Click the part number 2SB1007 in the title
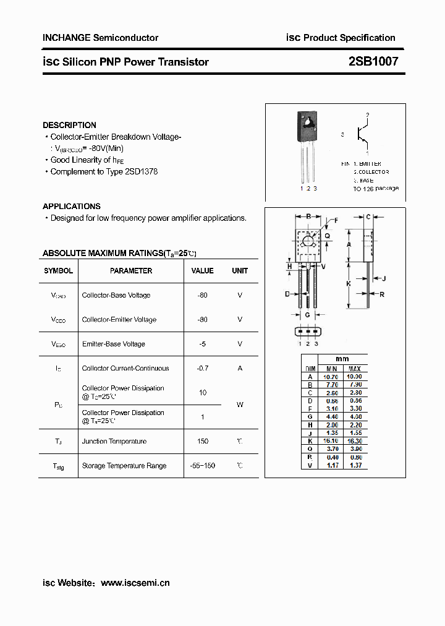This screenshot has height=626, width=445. [x=373, y=61]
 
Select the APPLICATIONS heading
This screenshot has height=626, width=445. [x=72, y=206]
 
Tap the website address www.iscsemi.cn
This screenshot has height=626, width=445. [x=135, y=583]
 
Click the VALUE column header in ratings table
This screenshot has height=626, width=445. [x=202, y=271]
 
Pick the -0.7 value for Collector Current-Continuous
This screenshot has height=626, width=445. [x=202, y=368]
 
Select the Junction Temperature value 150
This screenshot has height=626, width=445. [x=202, y=441]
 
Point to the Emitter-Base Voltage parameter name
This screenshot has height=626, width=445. [x=114, y=344]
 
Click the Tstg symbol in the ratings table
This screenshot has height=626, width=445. [x=58, y=466]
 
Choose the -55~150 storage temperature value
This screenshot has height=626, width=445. [x=202, y=465]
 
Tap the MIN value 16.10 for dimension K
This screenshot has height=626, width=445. [x=332, y=440]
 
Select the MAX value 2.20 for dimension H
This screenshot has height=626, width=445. [x=354, y=424]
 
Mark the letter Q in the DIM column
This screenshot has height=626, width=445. [x=309, y=448]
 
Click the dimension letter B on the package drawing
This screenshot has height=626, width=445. [x=308, y=217]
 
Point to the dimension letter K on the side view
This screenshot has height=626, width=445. [x=348, y=283]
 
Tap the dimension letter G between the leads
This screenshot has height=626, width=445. [x=308, y=315]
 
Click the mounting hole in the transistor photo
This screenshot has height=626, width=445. [x=307, y=121]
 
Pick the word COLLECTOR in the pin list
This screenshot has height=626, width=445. [x=373, y=171]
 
